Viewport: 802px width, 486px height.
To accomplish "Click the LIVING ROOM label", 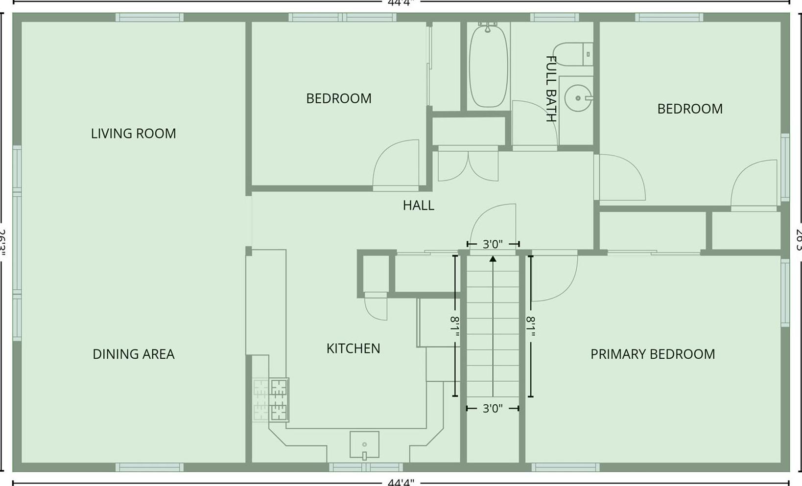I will point(133,134).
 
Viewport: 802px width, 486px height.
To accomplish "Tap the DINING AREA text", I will point(133,354).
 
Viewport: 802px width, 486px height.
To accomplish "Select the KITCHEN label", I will point(353,348).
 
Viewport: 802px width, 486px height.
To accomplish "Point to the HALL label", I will point(418,206).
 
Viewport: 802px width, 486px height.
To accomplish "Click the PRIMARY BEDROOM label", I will point(652,354).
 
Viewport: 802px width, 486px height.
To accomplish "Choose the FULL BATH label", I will point(551,89).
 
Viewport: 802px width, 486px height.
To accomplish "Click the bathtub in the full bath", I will point(488,66).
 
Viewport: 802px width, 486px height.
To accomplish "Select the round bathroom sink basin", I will point(578,98).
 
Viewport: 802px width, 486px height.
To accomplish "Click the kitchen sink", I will point(364,444).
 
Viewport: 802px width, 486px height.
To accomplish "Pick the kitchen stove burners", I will point(278,400).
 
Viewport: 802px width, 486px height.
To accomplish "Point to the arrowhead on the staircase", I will point(493,258).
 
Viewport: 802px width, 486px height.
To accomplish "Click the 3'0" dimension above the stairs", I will point(493,244).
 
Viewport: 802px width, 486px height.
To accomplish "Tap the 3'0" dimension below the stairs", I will point(493,408).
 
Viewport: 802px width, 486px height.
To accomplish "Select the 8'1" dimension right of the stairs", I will point(531,326).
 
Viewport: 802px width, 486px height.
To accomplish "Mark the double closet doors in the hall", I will point(468,165).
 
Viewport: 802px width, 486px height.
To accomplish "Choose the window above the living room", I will point(149,18).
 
